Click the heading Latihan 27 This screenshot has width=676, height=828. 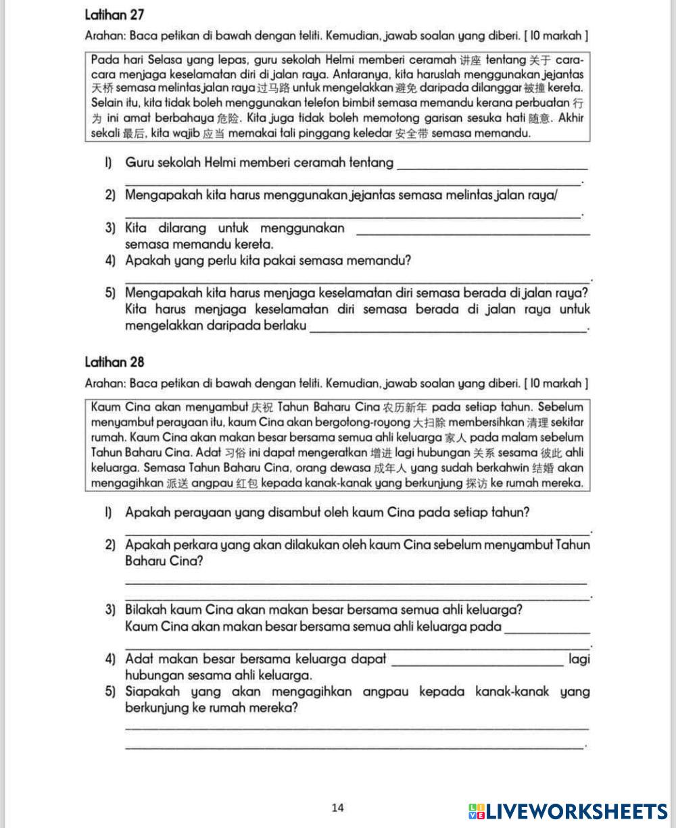point(115,14)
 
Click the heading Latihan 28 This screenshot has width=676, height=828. point(115,363)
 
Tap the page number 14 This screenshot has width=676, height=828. point(338,808)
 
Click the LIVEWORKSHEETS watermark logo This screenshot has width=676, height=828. point(567,811)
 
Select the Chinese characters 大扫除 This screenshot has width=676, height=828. point(426,423)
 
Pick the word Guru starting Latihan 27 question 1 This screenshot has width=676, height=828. point(139,163)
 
